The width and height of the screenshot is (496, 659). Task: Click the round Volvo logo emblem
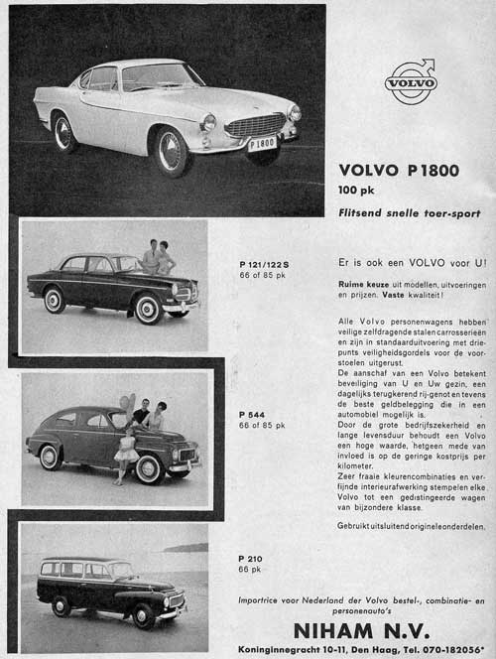pyautogui.click(x=411, y=81)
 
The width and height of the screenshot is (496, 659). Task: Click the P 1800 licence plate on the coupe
pyautogui.click(x=262, y=144)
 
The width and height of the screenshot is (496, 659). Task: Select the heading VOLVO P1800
pyautogui.click(x=399, y=170)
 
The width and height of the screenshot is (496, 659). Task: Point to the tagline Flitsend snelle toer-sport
pyautogui.click(x=409, y=212)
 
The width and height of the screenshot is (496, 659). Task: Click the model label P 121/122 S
pyautogui.click(x=264, y=264)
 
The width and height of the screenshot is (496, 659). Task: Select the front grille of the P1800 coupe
pyautogui.click(x=256, y=125)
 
